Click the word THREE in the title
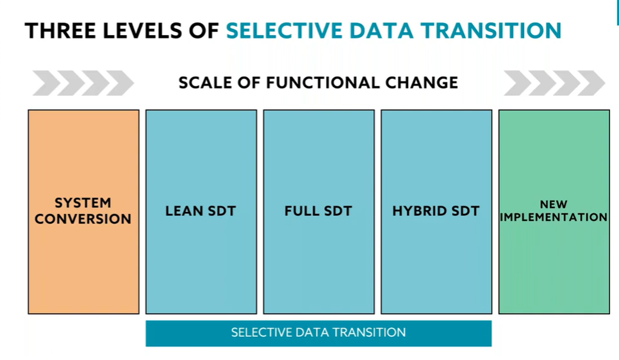[60, 31]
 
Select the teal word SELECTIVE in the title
[285, 31]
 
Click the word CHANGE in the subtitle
[422, 83]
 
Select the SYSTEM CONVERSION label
[83, 211]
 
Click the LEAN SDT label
[201, 211]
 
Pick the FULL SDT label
[318, 211]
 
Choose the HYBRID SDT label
[436, 211]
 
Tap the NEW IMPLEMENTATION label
[554, 211]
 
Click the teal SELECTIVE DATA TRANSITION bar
[318, 334]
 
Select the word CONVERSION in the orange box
[83, 219]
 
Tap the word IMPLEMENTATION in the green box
[554, 217]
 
